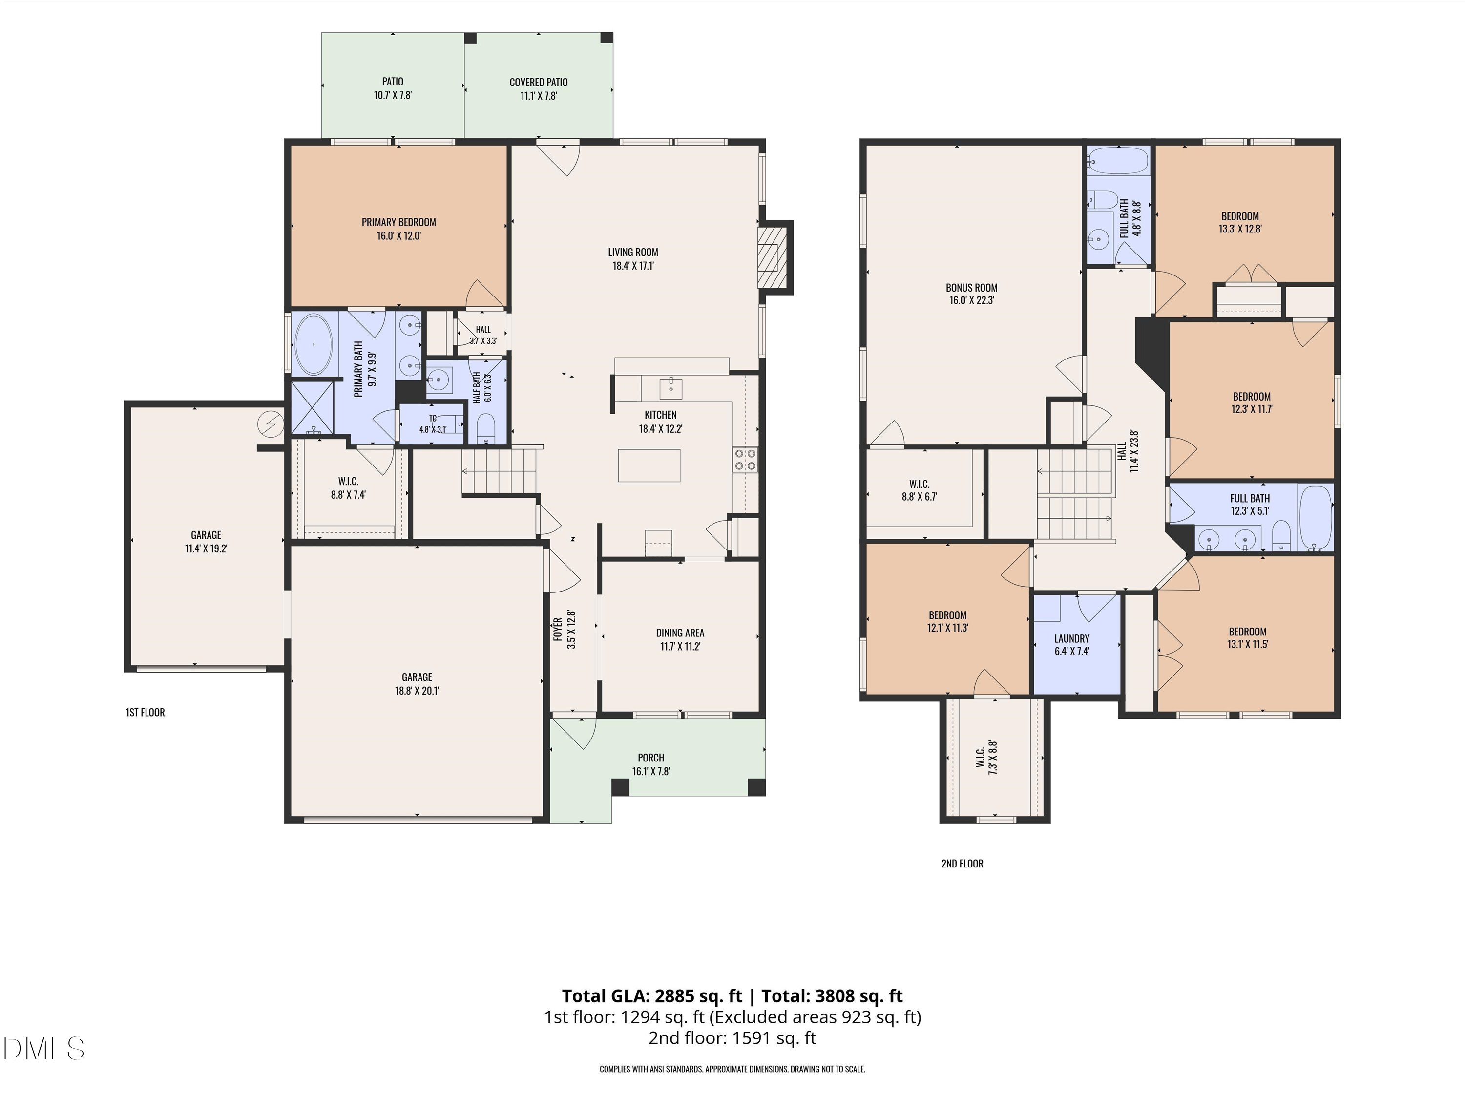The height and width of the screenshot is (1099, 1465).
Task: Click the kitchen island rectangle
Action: pyautogui.click(x=649, y=465)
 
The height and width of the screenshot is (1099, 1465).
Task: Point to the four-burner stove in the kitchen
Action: pyautogui.click(x=745, y=460)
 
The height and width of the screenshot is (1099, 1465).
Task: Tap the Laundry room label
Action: pyautogui.click(x=1071, y=638)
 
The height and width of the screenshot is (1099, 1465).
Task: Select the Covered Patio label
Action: pyautogui.click(x=539, y=82)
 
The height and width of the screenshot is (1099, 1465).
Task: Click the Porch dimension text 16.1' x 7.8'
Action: pyautogui.click(x=651, y=771)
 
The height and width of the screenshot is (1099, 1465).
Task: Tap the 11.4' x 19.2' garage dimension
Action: pyautogui.click(x=206, y=549)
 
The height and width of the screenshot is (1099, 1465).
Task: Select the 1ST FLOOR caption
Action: pyautogui.click(x=145, y=713)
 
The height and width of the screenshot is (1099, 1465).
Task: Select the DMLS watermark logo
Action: pyautogui.click(x=43, y=1049)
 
